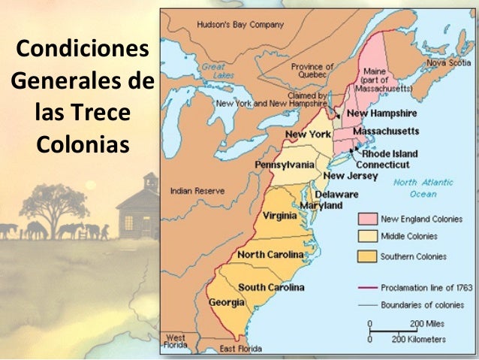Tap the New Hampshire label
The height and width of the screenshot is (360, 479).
pyautogui.click(x=381, y=113)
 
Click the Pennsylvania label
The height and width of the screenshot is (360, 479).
pyautogui.click(x=285, y=164)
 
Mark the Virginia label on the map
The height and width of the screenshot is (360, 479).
pyautogui.click(x=280, y=216)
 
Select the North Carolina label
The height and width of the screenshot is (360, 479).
pyautogui.click(x=270, y=254)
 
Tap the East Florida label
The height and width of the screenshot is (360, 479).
pyautogui.click(x=241, y=349)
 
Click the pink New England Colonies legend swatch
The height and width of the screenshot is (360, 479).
pyautogui.click(x=366, y=219)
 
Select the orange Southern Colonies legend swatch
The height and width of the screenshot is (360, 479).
pyautogui.click(x=366, y=256)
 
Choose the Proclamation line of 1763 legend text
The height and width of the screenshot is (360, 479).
pyautogui.click(x=426, y=287)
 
